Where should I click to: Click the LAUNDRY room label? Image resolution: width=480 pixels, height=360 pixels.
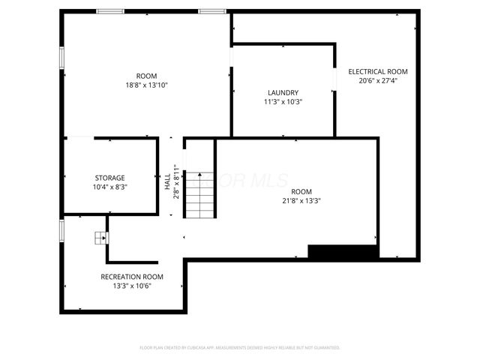click(283, 92)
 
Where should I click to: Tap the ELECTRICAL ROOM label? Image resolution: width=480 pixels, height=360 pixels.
click(377, 72)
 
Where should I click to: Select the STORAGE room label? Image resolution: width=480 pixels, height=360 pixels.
click(109, 178)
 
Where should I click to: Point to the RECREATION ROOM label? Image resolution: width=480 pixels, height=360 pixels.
click(132, 277)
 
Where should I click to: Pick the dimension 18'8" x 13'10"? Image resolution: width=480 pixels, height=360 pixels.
click(146, 85)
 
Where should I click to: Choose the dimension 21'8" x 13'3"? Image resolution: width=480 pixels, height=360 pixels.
click(301, 200)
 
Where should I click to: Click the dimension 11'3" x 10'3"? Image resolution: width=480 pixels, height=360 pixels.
click(283, 102)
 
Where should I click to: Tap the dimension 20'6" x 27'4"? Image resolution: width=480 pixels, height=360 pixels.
click(377, 81)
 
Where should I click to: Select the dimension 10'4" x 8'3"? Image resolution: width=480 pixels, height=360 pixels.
click(109, 187)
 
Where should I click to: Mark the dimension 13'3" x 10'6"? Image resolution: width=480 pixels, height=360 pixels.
click(132, 286)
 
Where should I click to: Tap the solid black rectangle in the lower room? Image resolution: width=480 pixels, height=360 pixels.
click(343, 253)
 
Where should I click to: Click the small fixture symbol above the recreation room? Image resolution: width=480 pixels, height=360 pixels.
click(100, 238)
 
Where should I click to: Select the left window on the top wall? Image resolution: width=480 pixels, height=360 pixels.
click(110, 11)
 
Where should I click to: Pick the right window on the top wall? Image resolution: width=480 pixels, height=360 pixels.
click(212, 11)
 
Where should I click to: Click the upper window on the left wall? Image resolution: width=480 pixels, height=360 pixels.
click(61, 58)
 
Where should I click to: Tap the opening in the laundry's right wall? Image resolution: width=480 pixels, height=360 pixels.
click(334, 80)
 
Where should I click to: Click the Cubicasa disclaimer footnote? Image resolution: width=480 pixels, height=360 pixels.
click(240, 348)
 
